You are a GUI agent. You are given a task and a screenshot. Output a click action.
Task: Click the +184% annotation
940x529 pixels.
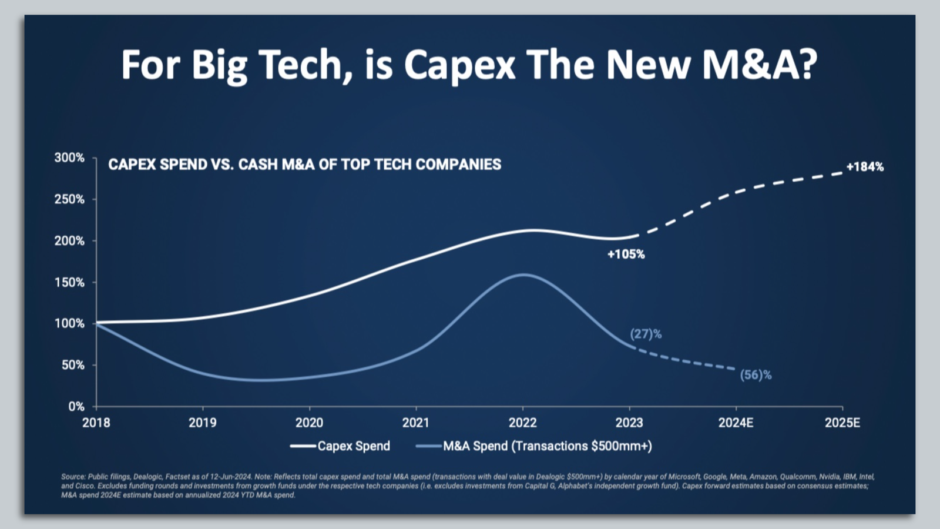click(864, 167)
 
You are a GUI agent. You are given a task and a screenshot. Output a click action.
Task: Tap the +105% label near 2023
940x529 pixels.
click(626, 255)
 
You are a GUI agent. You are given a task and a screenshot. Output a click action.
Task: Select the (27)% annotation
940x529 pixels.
click(646, 334)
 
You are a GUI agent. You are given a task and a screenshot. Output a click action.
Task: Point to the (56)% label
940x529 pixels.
click(756, 375)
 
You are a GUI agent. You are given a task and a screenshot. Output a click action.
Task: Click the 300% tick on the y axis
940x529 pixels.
click(69, 158)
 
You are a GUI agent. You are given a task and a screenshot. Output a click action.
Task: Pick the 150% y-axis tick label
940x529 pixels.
click(69, 282)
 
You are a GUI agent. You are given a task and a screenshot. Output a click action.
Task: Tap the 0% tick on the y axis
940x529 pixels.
click(76, 406)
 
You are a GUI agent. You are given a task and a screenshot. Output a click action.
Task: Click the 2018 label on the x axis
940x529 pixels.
click(96, 423)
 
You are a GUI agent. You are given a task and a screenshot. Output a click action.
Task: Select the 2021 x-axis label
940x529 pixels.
click(415, 423)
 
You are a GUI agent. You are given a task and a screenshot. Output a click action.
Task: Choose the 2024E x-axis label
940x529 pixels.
click(736, 423)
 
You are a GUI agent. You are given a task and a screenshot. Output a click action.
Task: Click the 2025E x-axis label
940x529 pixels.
click(842, 423)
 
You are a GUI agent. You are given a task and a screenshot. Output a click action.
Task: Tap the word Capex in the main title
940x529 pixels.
click(459, 65)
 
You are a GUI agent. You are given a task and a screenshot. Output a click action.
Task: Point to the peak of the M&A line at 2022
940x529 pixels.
click(523, 274)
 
